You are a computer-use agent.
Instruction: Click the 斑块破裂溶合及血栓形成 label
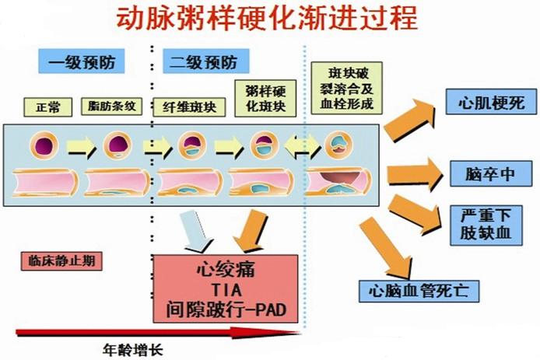[341, 87]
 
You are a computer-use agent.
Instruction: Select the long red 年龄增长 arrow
[156, 333]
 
